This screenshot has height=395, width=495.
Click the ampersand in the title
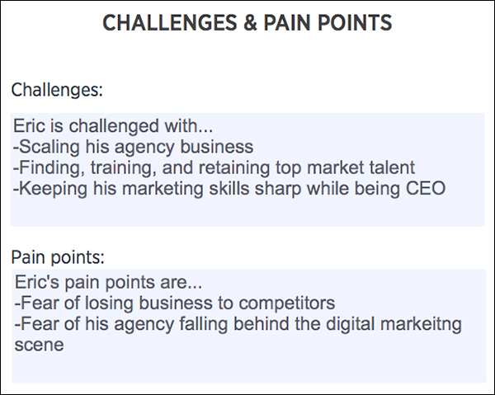pos(250,23)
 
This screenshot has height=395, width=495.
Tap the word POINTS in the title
pos(355,23)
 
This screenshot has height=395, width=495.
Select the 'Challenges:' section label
pos(57,90)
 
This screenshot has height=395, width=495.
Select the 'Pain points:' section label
pos(58,258)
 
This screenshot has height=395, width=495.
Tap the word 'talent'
pos(392,167)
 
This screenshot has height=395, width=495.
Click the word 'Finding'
pos(51,168)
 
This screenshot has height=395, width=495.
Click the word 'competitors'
pos(286,303)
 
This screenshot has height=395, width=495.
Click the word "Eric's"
pos(37,282)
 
